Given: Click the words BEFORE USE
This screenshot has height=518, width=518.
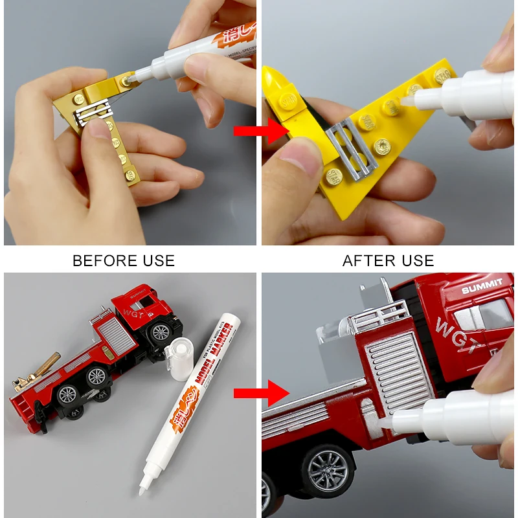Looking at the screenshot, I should tap(124, 261).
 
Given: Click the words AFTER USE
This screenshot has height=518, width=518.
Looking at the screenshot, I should tap(388, 261).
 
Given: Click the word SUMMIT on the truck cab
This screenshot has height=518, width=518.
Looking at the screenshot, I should tap(482, 286).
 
